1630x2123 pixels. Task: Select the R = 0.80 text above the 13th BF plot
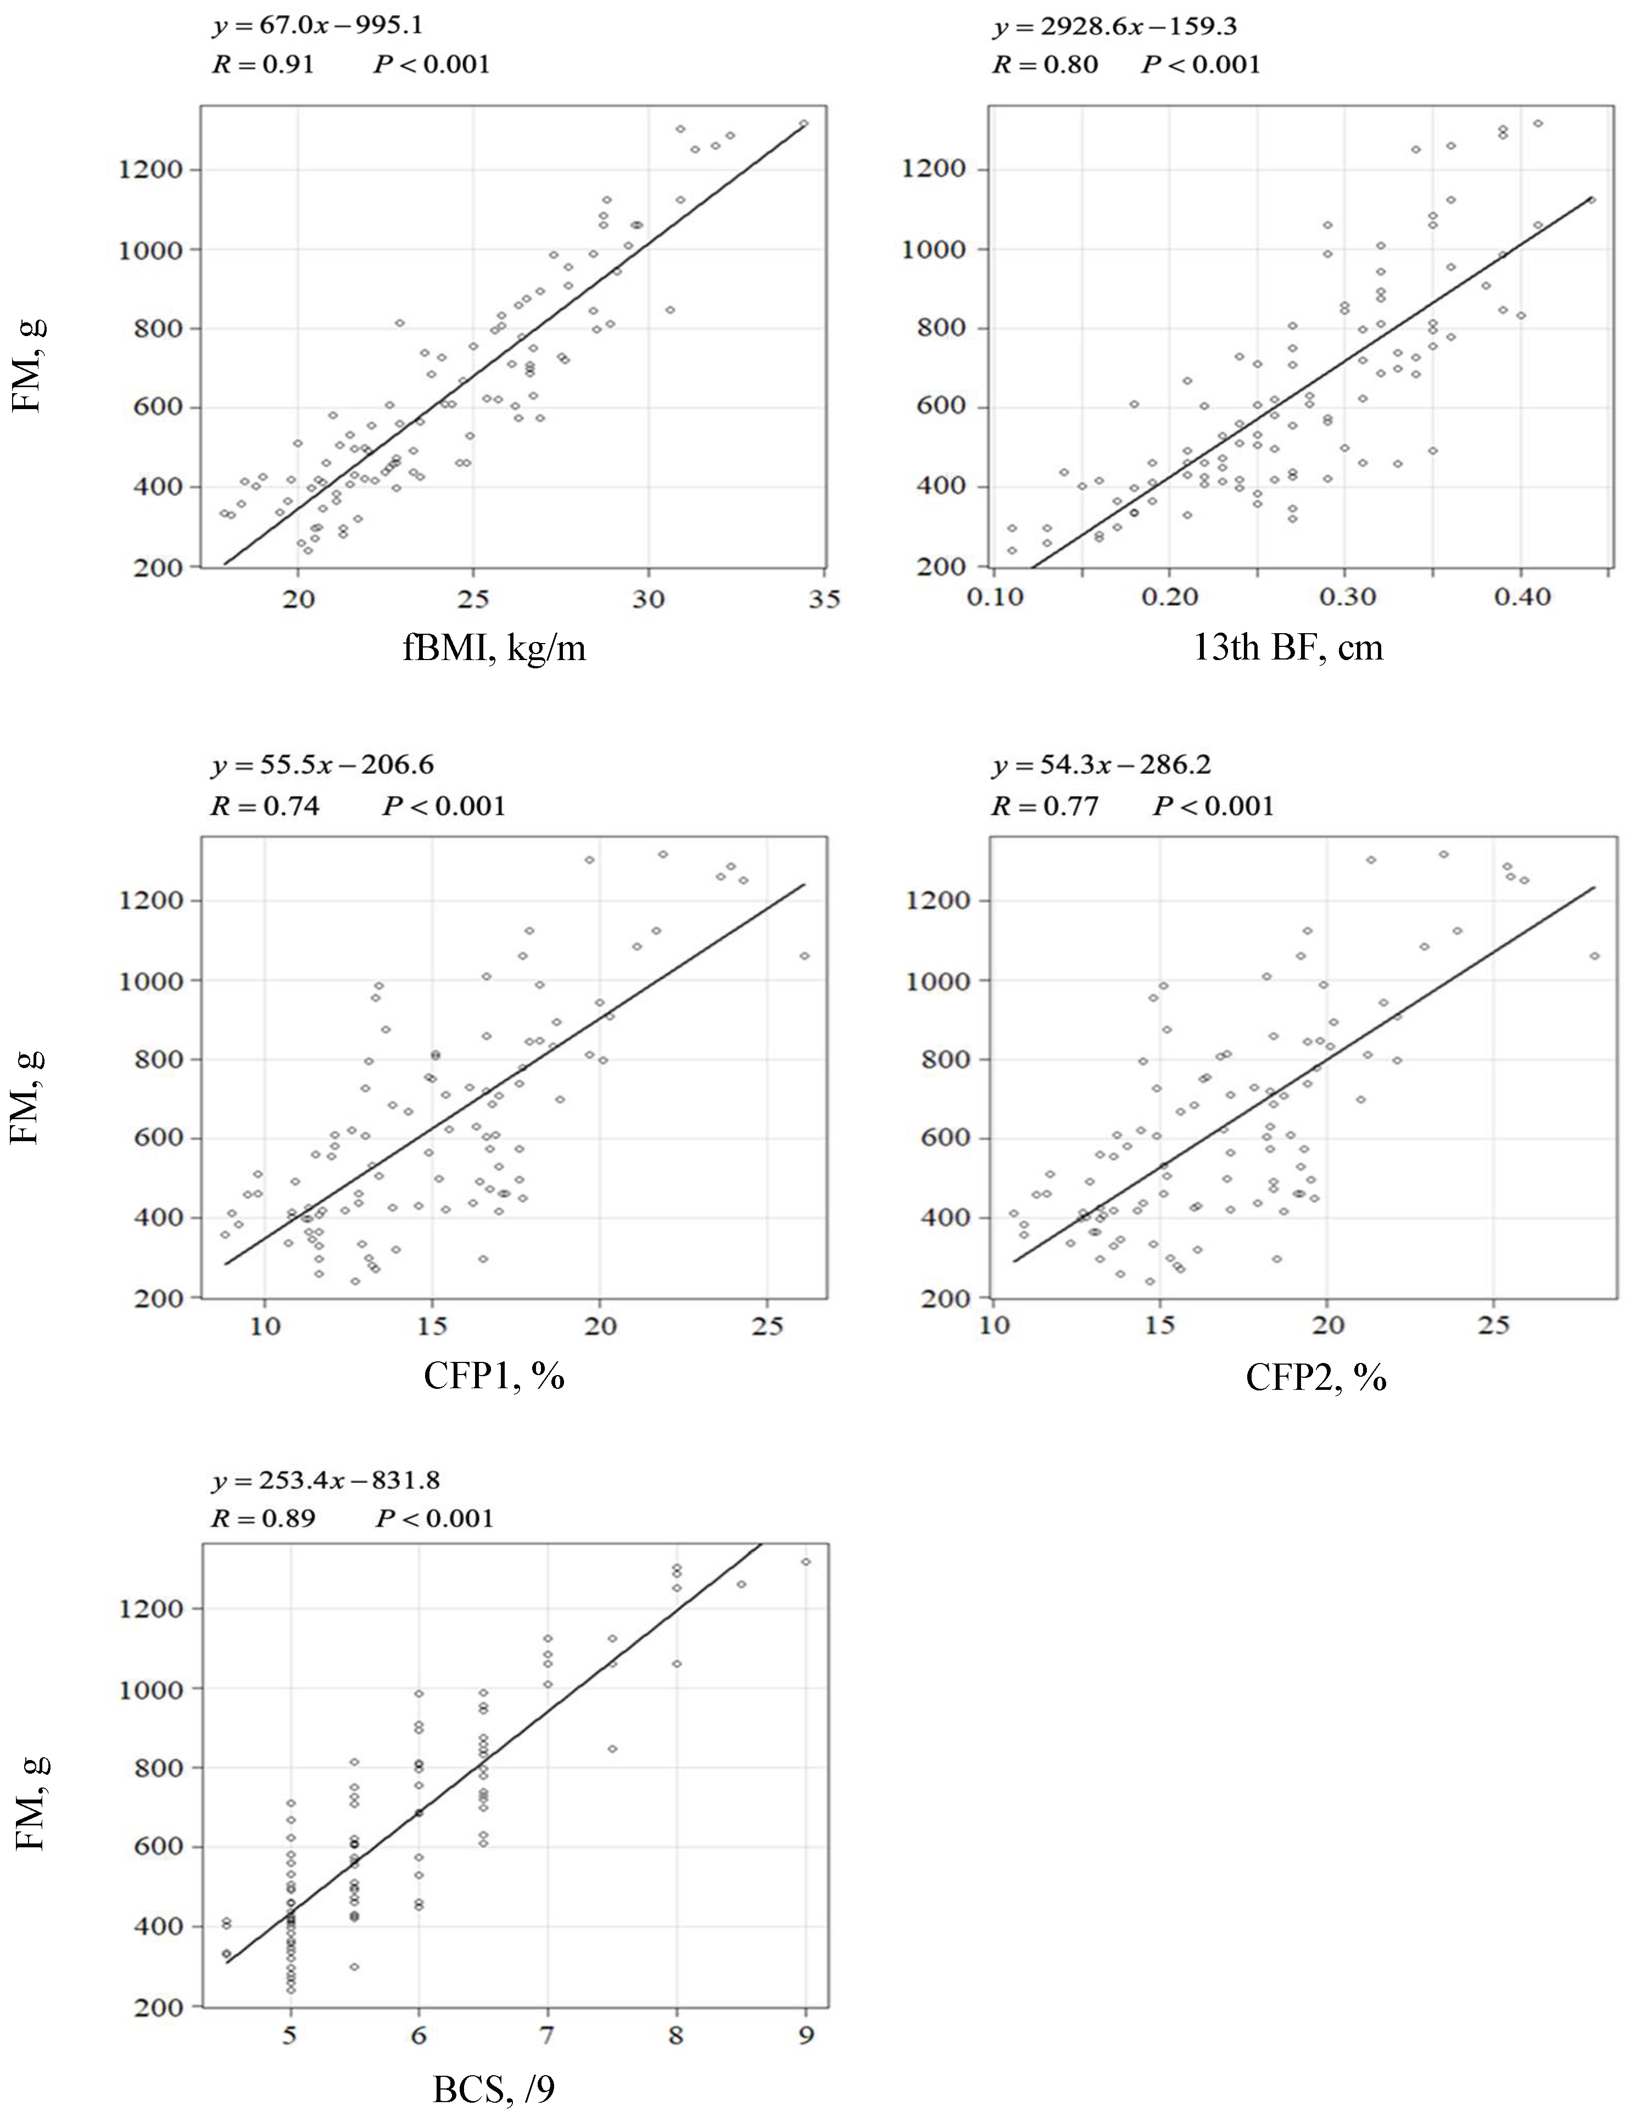[x=1045, y=65]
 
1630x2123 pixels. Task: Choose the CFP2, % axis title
[x=1316, y=1376]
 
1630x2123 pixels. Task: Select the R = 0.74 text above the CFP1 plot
[x=265, y=806]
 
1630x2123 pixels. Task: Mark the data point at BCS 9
[x=805, y=1561]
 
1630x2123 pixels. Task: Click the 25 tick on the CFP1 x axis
[x=767, y=1326]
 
